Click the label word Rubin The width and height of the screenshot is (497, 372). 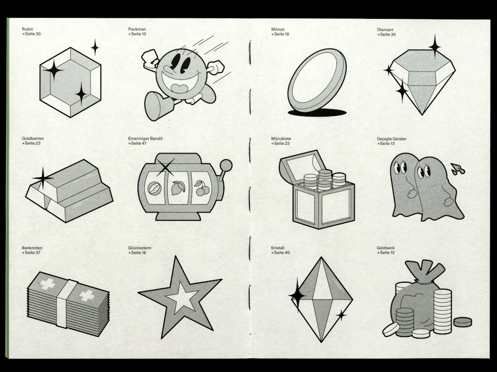[x=27, y=29]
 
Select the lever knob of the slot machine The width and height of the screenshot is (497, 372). [x=226, y=165]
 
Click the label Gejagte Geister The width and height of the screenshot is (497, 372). [x=391, y=138]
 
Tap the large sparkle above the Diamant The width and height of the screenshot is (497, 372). [x=435, y=47]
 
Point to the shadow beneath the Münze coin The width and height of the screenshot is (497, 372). [x=317, y=112]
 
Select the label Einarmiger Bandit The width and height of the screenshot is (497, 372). [x=145, y=138]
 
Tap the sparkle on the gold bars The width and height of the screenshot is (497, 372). [x=43, y=179]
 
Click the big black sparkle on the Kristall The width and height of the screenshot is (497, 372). [x=297, y=295]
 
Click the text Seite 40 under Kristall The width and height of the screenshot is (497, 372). [x=282, y=253]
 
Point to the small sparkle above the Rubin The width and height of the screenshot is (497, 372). [x=95, y=48]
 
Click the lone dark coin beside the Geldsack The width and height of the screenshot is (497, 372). [x=462, y=322]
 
